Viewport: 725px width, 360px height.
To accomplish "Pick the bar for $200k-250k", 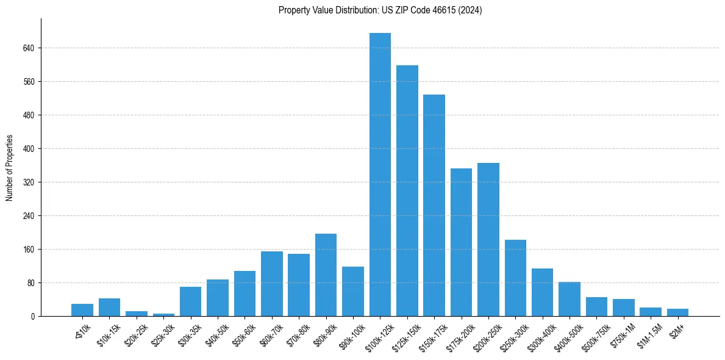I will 488,239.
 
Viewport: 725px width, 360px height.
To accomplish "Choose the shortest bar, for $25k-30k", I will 163,315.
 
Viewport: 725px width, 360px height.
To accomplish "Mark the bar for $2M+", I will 677,312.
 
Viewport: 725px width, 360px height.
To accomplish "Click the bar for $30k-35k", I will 190,301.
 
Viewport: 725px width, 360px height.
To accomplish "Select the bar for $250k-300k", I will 515,278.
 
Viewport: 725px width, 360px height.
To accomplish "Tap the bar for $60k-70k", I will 272,284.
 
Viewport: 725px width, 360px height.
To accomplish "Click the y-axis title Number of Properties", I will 9,168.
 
